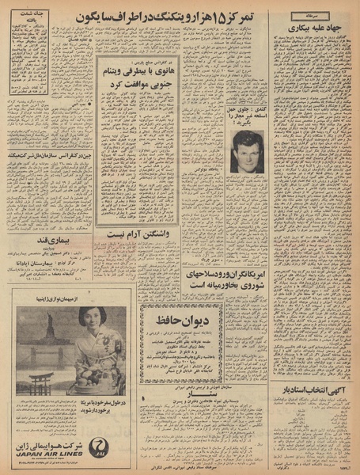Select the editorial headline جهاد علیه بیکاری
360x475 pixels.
[313, 27]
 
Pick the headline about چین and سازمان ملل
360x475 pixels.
[47, 157]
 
